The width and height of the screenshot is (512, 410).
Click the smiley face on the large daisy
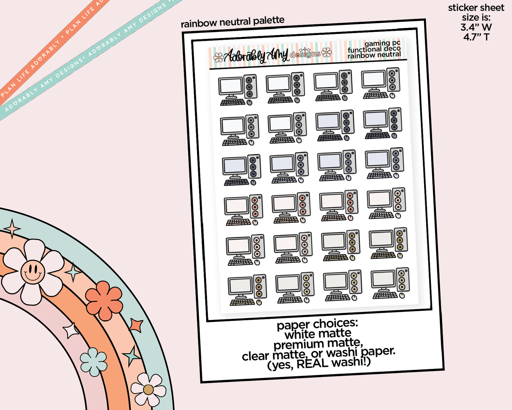click(33, 271)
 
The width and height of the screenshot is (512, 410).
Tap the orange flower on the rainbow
click(104, 300)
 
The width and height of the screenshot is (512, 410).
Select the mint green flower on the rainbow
click(93, 362)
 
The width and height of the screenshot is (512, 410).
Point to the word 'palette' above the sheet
click(269, 21)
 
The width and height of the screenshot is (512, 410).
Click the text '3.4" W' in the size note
click(476, 27)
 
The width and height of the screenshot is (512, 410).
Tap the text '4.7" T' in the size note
click(476, 37)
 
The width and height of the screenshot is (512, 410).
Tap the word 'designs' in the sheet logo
click(305, 54)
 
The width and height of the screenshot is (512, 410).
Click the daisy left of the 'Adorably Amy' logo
click(218, 57)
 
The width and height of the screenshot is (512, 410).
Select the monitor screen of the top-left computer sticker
click(231, 86)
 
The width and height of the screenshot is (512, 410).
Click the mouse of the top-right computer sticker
click(393, 96)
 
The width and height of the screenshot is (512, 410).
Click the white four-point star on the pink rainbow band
click(70, 331)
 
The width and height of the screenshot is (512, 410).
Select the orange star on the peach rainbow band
click(136, 326)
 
